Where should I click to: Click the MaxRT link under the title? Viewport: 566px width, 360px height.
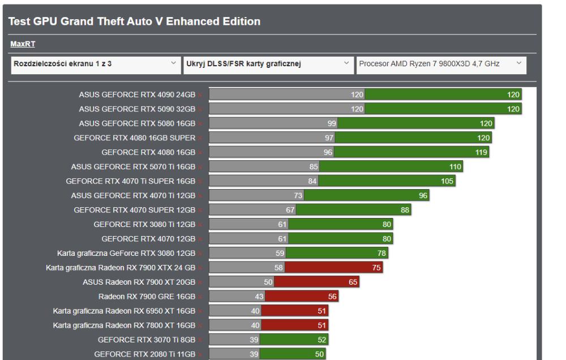[23, 44]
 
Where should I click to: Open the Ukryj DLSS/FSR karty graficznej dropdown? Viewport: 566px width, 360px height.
[268, 65]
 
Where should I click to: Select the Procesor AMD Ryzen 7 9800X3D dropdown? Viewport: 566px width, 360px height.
[441, 65]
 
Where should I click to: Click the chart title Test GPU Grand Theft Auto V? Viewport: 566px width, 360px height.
[134, 22]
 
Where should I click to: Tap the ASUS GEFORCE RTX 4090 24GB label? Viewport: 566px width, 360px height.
[137, 95]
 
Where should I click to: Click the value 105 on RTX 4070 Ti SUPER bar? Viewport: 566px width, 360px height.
[447, 181]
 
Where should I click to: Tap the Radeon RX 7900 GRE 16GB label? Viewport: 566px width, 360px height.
[147, 296]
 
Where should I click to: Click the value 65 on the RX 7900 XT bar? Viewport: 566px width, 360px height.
[353, 282]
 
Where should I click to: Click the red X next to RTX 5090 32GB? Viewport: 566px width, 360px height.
[200, 109]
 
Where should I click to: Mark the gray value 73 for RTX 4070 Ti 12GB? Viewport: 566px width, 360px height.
[298, 195]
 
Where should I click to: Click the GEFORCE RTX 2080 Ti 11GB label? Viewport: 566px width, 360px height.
[144, 354]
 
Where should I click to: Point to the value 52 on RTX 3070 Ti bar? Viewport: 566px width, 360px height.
[321, 340]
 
